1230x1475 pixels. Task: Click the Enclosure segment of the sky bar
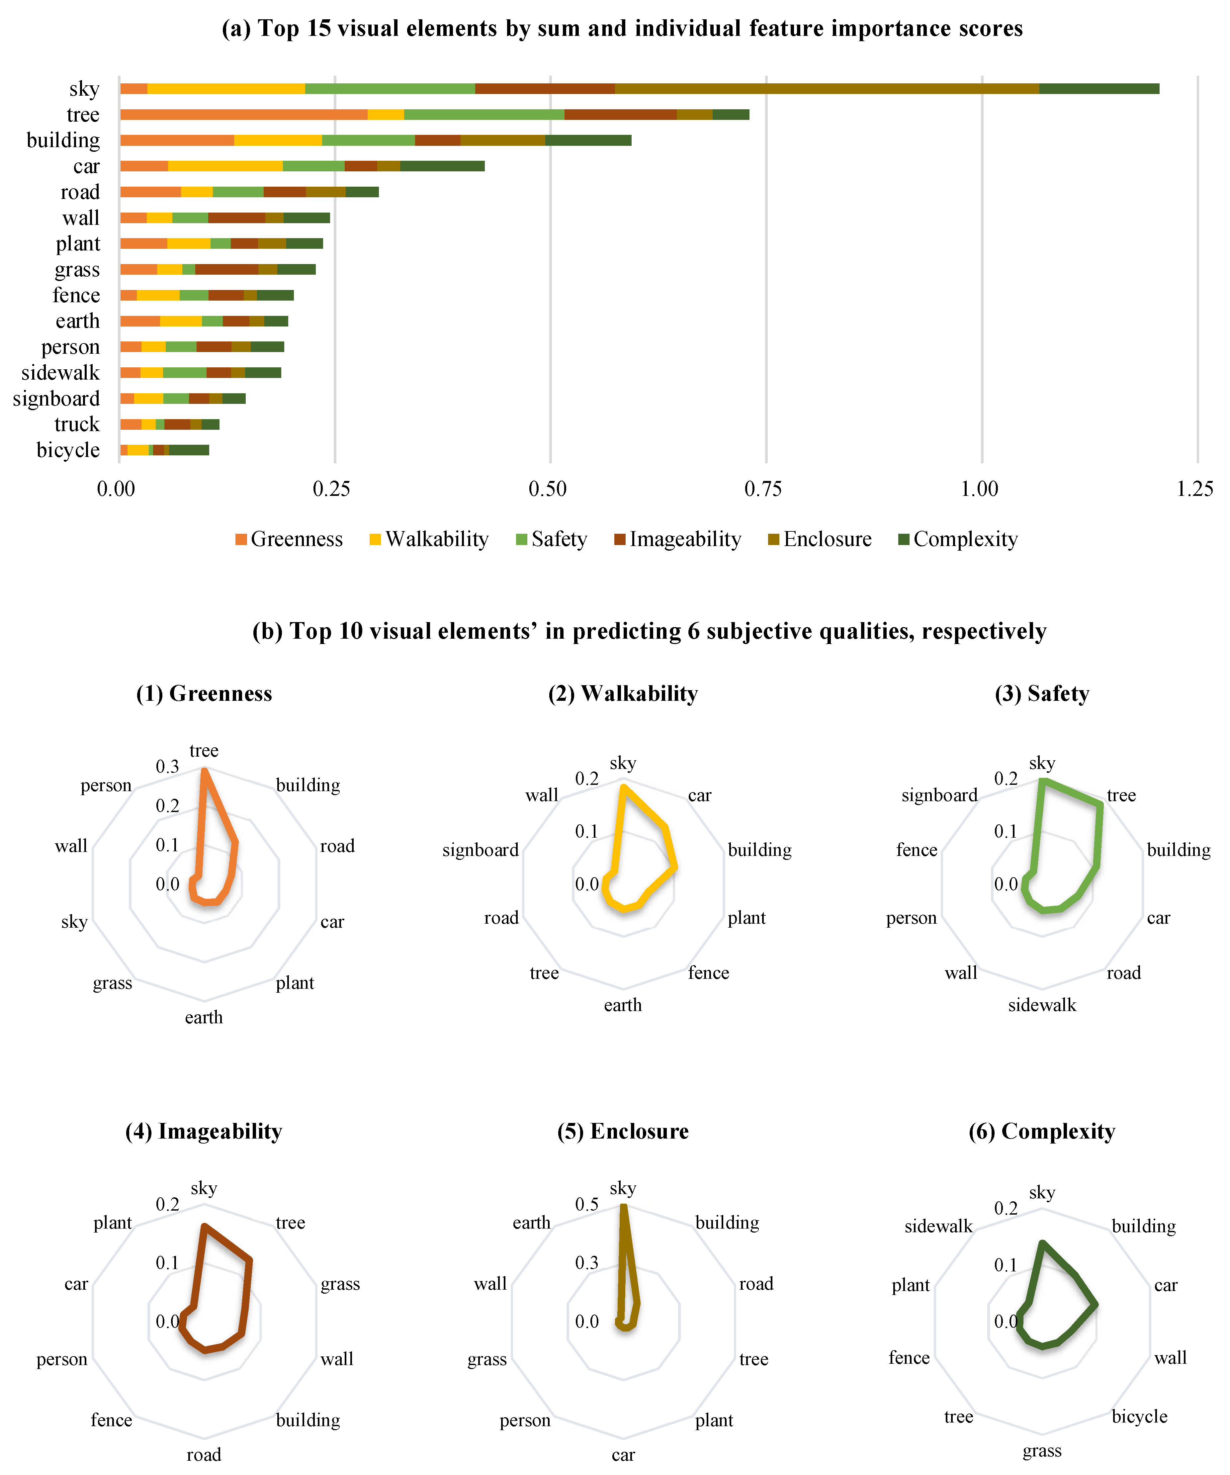click(827, 88)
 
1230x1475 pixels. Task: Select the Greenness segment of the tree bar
click(243, 115)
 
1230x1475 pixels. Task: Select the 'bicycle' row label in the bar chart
click(68, 450)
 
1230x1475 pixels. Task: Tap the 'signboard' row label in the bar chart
click(56, 399)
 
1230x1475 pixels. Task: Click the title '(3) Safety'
click(1042, 694)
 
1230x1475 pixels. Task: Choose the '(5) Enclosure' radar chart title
click(623, 1132)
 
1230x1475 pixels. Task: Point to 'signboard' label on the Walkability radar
click(481, 851)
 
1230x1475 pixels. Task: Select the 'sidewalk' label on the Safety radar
click(1042, 1005)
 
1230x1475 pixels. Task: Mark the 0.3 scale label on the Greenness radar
click(167, 766)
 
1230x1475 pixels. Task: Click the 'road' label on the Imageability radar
click(204, 1455)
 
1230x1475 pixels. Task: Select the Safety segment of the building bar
click(368, 140)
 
